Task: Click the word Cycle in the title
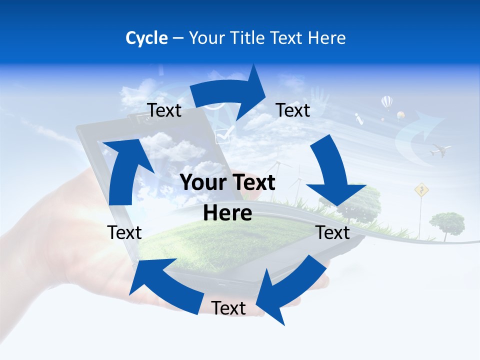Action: pyautogui.click(x=146, y=38)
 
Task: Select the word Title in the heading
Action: pyautogui.click(x=246, y=38)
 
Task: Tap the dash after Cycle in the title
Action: pyautogui.click(x=178, y=38)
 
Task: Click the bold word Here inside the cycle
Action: pyautogui.click(x=227, y=213)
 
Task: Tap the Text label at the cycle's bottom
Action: pyautogui.click(x=228, y=308)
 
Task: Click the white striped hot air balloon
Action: pyautogui.click(x=387, y=102)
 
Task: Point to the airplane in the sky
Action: pyautogui.click(x=440, y=149)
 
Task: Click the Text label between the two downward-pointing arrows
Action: pyautogui.click(x=333, y=233)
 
